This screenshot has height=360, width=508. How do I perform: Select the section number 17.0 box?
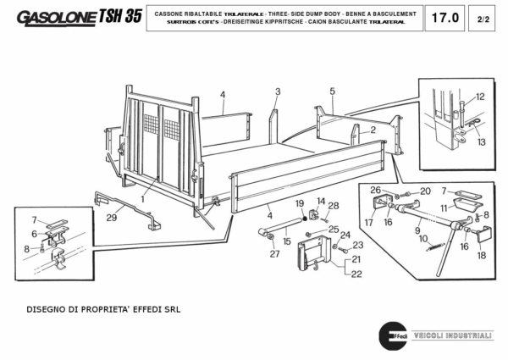tap(443, 17)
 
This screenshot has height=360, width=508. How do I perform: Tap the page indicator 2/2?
tap(483, 17)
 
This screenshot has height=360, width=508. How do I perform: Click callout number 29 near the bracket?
tap(110, 219)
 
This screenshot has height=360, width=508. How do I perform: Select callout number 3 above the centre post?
tap(277, 91)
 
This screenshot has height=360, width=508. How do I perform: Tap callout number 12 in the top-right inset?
tap(479, 97)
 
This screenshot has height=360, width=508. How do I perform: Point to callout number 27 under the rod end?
tap(273, 253)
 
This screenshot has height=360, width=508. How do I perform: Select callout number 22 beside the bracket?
tap(356, 274)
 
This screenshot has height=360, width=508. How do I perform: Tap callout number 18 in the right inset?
tap(482, 255)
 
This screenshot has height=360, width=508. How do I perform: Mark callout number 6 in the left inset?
tap(35, 235)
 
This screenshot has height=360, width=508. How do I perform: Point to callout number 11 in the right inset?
tap(443, 208)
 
